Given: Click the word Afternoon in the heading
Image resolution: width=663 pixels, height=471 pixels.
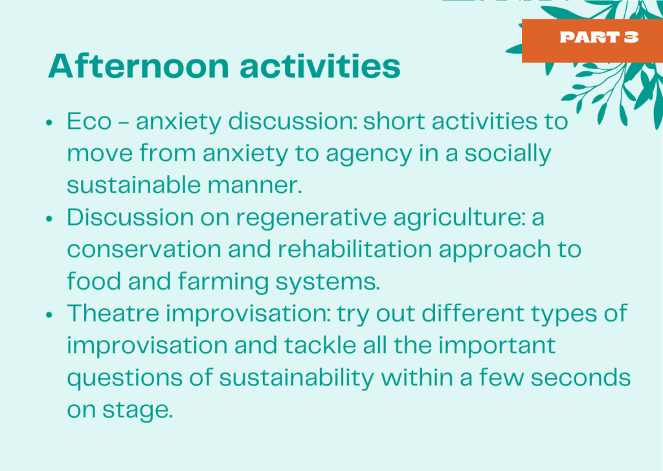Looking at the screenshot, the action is tap(139, 66).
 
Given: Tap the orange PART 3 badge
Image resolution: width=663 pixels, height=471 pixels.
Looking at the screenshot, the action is tap(592, 41).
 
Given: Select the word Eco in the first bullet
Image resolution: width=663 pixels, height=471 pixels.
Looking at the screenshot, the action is tap(89, 121).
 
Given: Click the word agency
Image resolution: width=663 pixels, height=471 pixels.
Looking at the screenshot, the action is tap(368, 154).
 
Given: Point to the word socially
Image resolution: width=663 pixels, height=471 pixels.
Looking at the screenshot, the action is tap(508, 154).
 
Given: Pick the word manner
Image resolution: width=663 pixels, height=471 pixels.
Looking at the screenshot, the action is tap(254, 185).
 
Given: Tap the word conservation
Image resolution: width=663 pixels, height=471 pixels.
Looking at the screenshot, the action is tap(144, 249).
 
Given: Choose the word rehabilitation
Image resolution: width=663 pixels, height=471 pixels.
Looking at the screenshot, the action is tap(354, 249).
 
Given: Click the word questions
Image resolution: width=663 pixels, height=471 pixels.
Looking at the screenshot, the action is tap(125, 378).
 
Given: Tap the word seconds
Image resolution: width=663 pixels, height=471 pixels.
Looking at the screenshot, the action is tap(581, 378).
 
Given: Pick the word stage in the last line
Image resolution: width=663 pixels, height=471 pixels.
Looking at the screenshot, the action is tap(138, 411).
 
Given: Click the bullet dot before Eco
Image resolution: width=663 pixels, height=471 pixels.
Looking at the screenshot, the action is tap(49, 122).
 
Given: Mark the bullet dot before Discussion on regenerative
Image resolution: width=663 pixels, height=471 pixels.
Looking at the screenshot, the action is tap(49, 219).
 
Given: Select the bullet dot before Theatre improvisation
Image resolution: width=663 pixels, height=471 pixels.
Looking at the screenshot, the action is tap(49, 315).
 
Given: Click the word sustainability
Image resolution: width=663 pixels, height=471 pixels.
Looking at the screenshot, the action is tap(297, 378).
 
